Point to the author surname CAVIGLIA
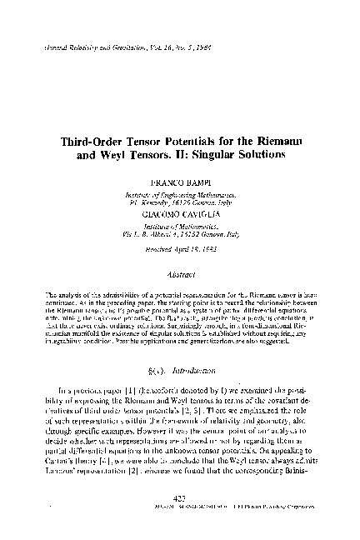[x=202, y=213]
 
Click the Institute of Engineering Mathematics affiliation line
[x=179, y=192]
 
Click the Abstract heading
[x=179, y=272]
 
